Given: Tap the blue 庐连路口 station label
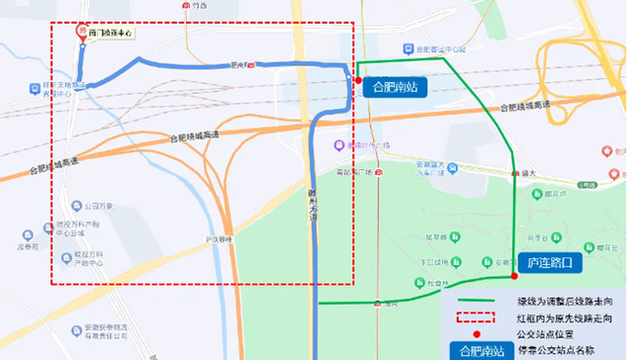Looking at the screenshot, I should coord(549,264).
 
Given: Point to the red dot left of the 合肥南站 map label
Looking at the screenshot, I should coord(356,79).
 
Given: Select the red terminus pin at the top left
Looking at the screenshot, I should coord(81,31).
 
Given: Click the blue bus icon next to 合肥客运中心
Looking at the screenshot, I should coord(407,47).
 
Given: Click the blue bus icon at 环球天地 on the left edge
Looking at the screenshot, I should coord(35,86).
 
